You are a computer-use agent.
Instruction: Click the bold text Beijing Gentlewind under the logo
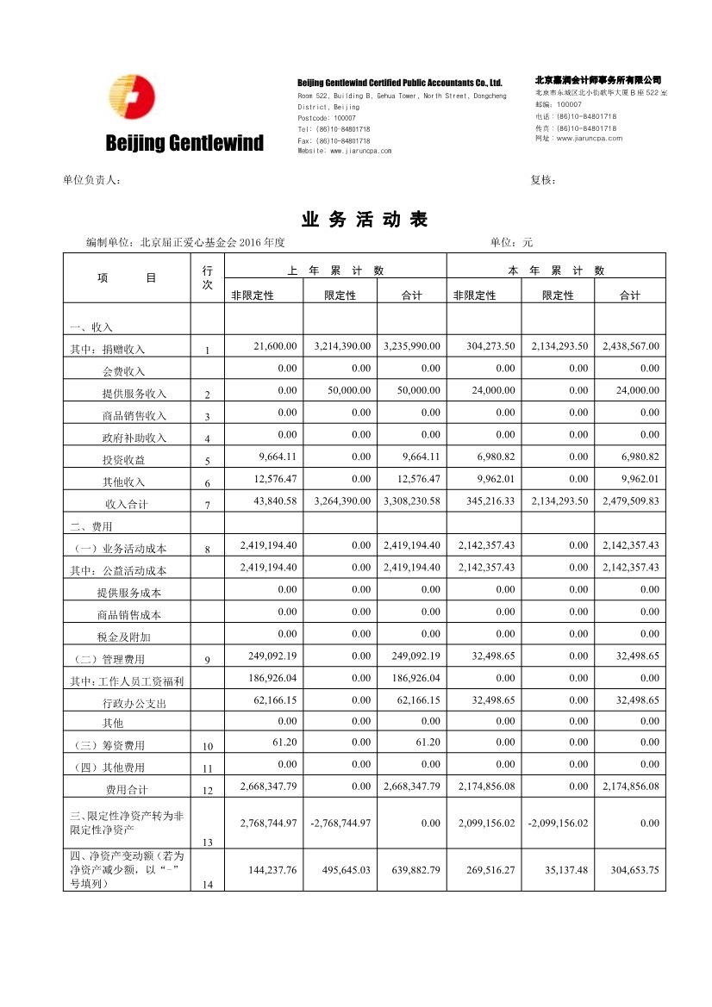click(x=184, y=143)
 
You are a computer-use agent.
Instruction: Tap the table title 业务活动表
click(x=365, y=220)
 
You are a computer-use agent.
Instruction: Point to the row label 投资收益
click(x=124, y=460)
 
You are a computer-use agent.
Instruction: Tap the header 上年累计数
click(x=335, y=270)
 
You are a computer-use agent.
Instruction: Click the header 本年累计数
click(x=556, y=270)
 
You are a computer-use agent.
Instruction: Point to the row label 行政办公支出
click(x=134, y=704)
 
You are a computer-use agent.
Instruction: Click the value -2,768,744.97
click(x=340, y=824)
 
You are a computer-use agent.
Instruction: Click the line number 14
click(x=207, y=885)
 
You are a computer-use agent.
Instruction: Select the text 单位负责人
click(x=91, y=180)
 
